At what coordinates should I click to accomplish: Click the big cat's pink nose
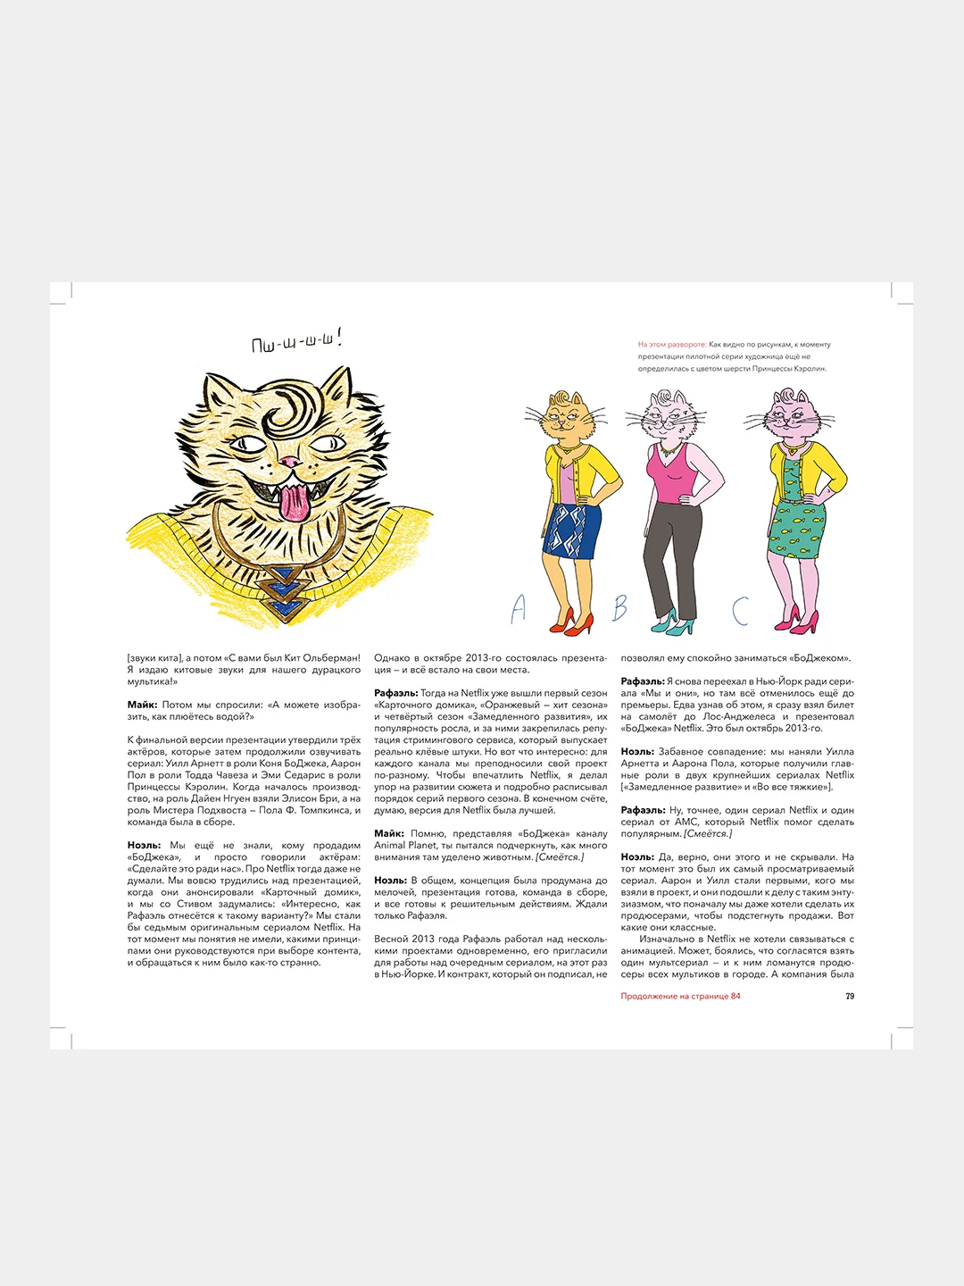coord(289,462)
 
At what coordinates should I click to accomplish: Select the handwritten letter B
coord(619,608)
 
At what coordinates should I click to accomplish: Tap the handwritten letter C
coord(740,611)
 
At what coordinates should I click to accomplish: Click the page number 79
coord(850,996)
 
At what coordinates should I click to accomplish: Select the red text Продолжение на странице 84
coord(680,996)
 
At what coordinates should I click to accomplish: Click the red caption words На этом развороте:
coord(671,344)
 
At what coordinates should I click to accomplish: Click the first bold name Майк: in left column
coord(142,705)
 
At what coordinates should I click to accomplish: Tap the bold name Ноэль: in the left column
coord(144,845)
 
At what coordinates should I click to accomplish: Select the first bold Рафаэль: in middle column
coord(395,693)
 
